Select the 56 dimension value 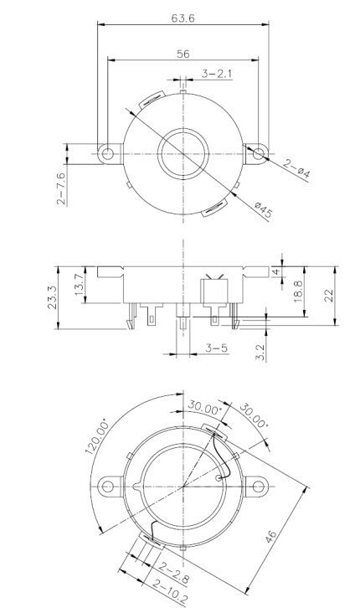click(183, 53)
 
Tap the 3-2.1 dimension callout click(215, 75)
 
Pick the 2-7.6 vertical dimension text click(60, 188)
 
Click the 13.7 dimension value click(79, 284)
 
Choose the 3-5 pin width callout click(214, 346)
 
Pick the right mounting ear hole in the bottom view click(256, 483)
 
